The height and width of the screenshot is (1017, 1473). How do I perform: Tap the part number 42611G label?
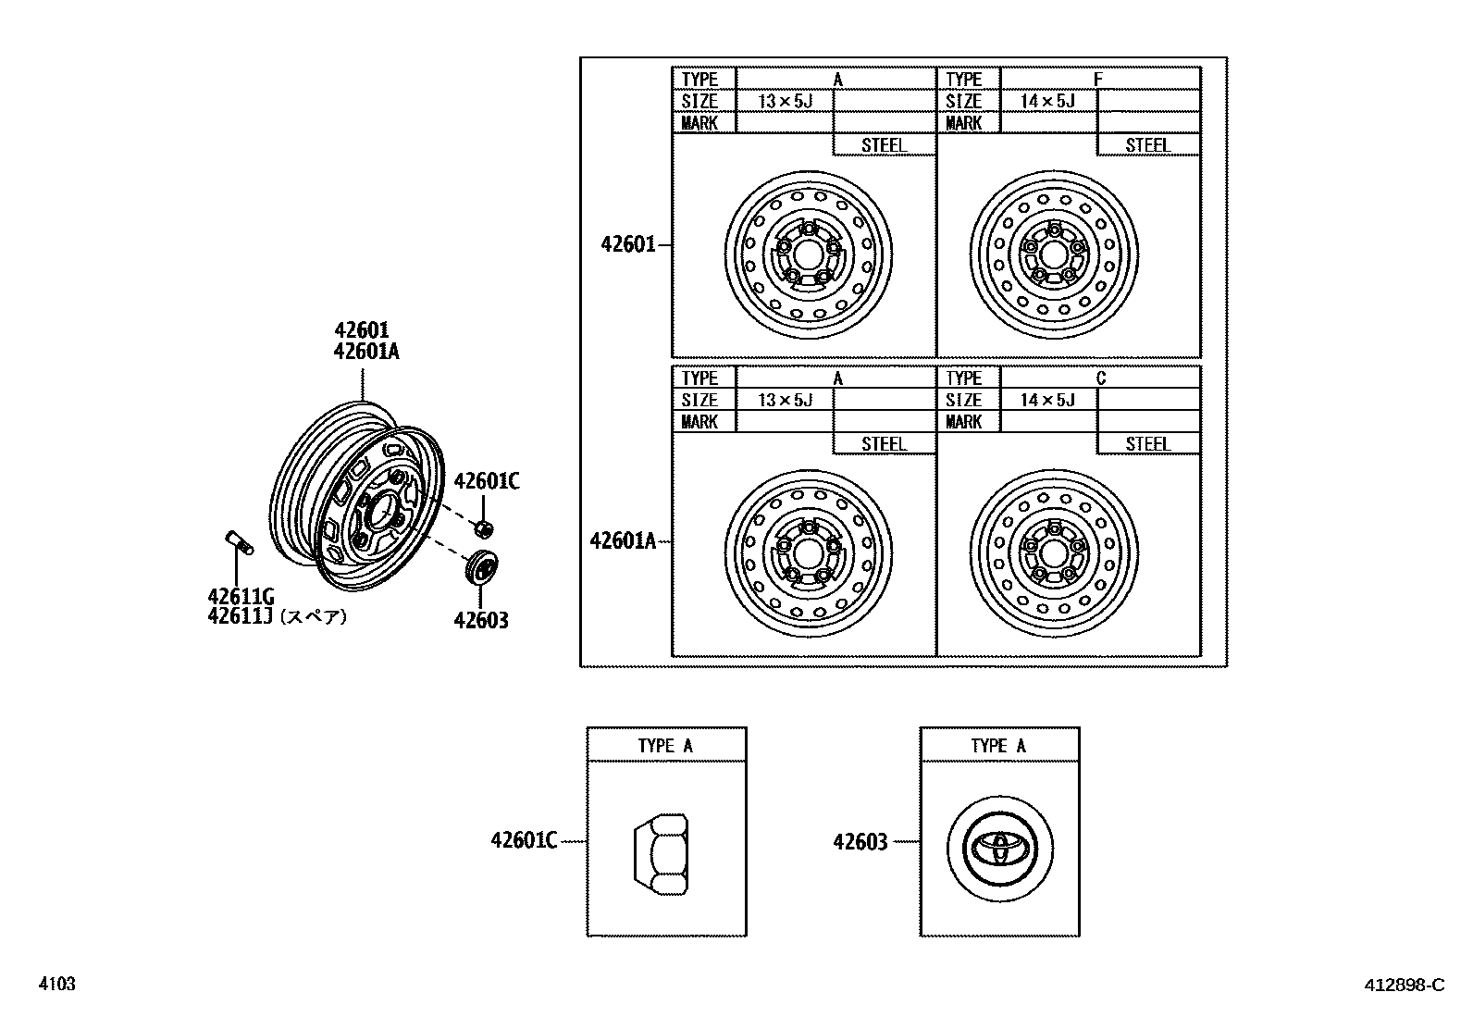click(x=241, y=597)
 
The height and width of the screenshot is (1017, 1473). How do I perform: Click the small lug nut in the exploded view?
click(x=482, y=528)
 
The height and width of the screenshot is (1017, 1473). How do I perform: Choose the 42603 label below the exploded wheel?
click(x=480, y=620)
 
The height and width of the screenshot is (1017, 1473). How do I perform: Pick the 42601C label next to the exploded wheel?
click(x=487, y=481)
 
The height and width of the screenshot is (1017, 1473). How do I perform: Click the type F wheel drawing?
click(x=1055, y=253)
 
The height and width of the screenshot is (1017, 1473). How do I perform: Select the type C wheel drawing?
click(x=1055, y=552)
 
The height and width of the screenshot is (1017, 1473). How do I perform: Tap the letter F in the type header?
click(x=1098, y=80)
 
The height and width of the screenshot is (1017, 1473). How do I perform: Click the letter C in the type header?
click(x=1100, y=378)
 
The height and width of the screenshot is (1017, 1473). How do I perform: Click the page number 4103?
click(x=56, y=984)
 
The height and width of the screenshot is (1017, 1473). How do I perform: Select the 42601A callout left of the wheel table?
click(x=623, y=540)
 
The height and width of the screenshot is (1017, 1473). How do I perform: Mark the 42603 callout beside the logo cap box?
click(x=860, y=842)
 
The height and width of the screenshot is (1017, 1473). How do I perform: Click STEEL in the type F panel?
click(x=1147, y=145)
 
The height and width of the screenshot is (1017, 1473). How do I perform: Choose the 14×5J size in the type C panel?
click(x=1047, y=400)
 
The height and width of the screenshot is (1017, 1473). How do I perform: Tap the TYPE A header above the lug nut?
click(x=665, y=746)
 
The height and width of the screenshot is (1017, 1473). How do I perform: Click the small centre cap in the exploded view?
click(x=481, y=567)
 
